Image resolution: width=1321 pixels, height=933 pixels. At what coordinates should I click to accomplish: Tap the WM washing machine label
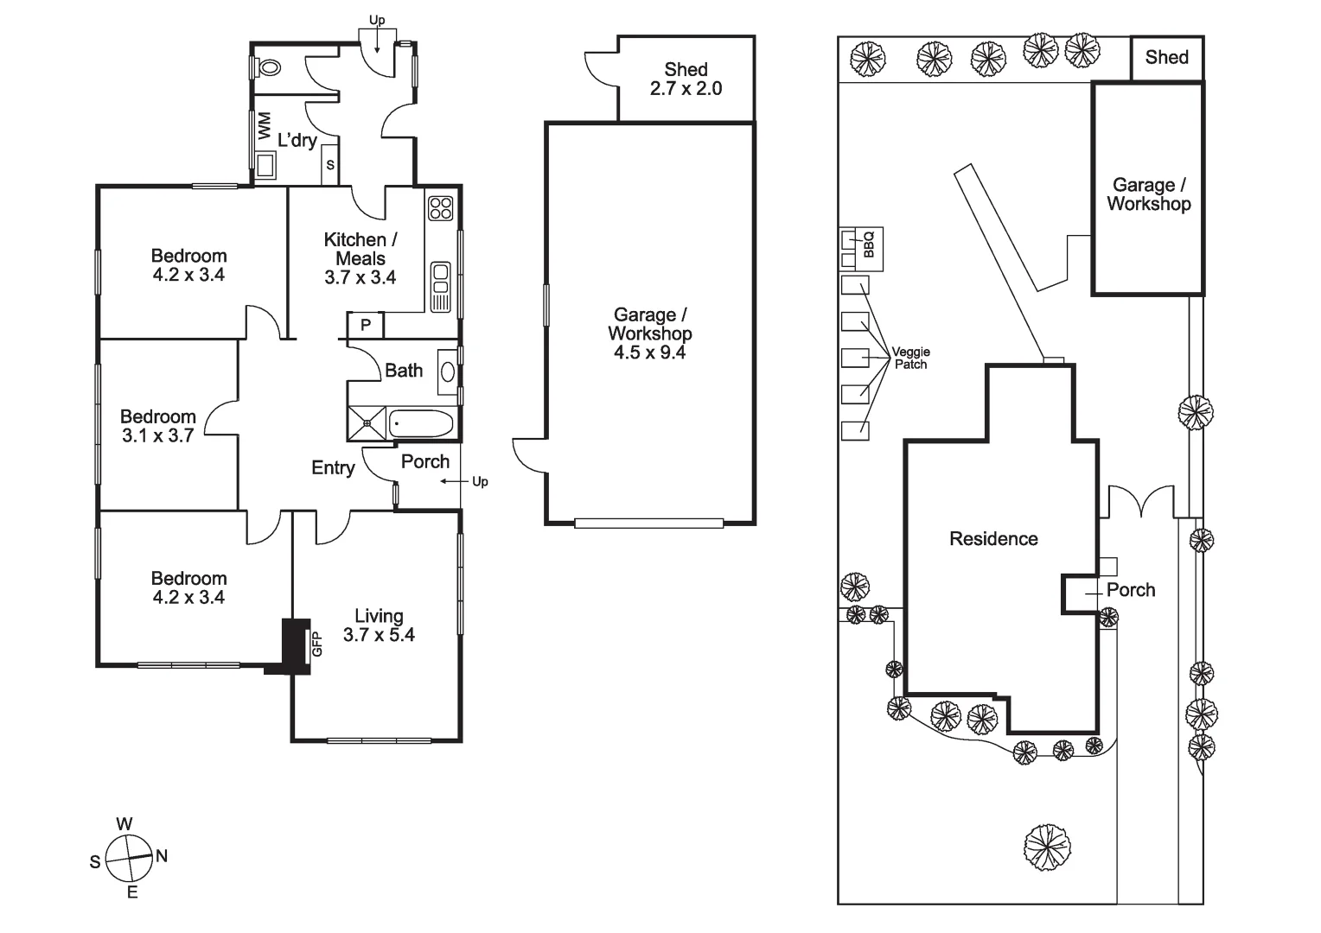(x=264, y=124)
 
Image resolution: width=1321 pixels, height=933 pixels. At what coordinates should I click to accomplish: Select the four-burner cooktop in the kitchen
(x=441, y=208)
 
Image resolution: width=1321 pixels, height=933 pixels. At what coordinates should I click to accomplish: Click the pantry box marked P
(x=366, y=325)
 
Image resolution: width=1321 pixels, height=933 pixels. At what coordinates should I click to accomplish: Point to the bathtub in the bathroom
(x=421, y=424)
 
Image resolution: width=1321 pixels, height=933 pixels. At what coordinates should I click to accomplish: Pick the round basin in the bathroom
(x=448, y=371)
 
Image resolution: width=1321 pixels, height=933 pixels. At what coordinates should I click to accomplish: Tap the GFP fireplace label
(x=316, y=644)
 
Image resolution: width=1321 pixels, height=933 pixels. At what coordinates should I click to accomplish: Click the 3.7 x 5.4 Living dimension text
(x=379, y=635)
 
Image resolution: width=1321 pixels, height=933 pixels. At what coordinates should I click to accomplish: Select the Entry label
(x=333, y=467)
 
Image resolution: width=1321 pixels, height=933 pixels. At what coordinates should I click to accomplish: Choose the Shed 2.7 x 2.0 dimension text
(x=686, y=88)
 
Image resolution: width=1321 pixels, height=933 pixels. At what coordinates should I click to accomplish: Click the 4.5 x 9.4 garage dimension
(x=649, y=352)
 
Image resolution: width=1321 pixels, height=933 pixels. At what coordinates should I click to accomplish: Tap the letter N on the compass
(x=162, y=856)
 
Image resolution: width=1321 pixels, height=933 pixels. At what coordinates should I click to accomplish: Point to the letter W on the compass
(x=124, y=823)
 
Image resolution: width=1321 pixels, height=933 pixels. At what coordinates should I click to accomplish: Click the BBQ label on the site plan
(x=869, y=244)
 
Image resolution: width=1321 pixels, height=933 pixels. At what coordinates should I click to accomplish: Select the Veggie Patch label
(x=910, y=358)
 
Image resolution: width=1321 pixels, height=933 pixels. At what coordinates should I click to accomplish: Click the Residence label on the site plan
(x=993, y=539)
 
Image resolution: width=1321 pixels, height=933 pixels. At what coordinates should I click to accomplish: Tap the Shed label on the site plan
(x=1166, y=57)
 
